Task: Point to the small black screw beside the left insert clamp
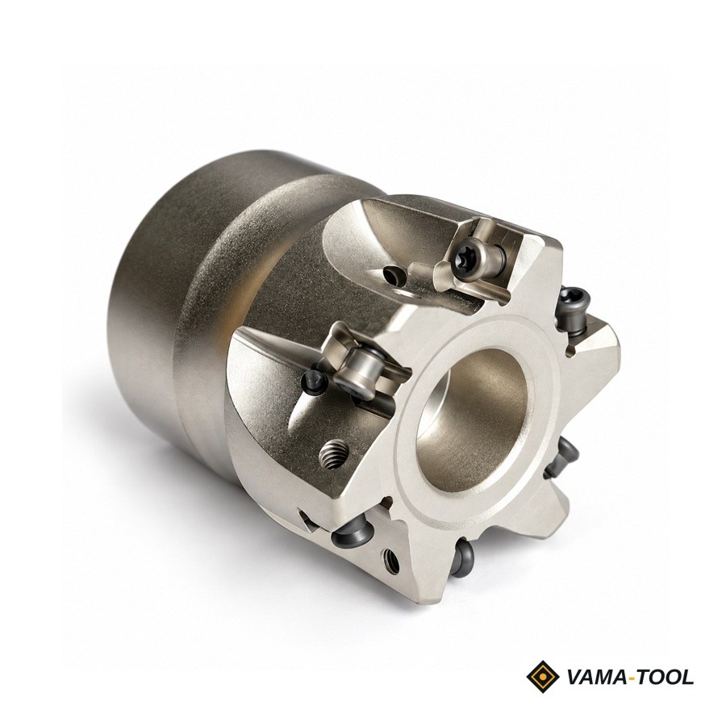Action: [313, 382]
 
